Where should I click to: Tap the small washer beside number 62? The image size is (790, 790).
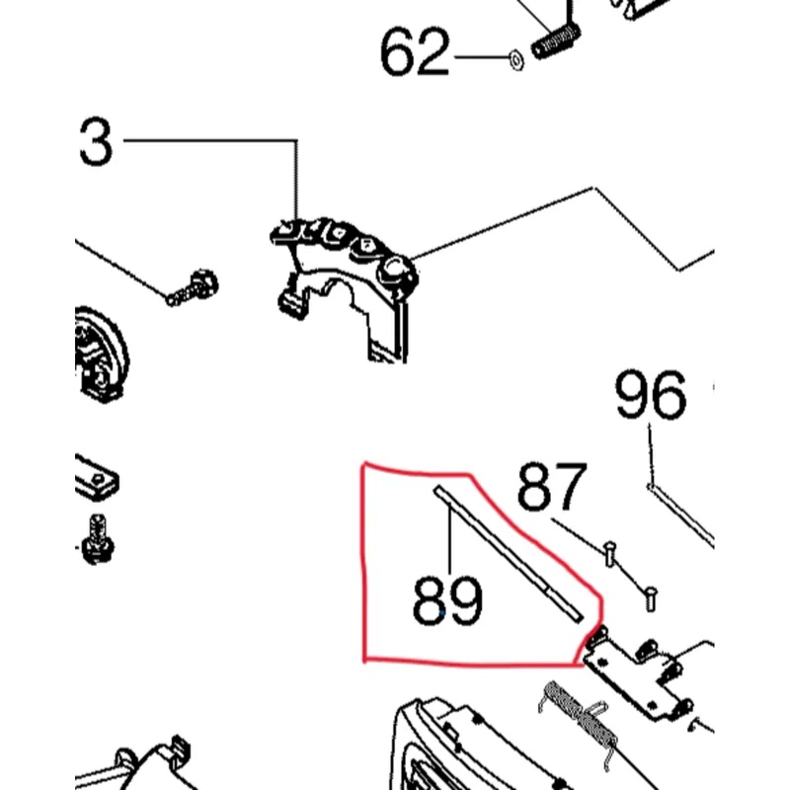click(x=513, y=57)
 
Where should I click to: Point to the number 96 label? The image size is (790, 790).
click(x=650, y=397)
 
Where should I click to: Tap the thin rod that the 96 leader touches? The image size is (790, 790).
click(x=681, y=509)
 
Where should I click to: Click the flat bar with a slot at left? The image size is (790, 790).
click(x=97, y=478)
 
